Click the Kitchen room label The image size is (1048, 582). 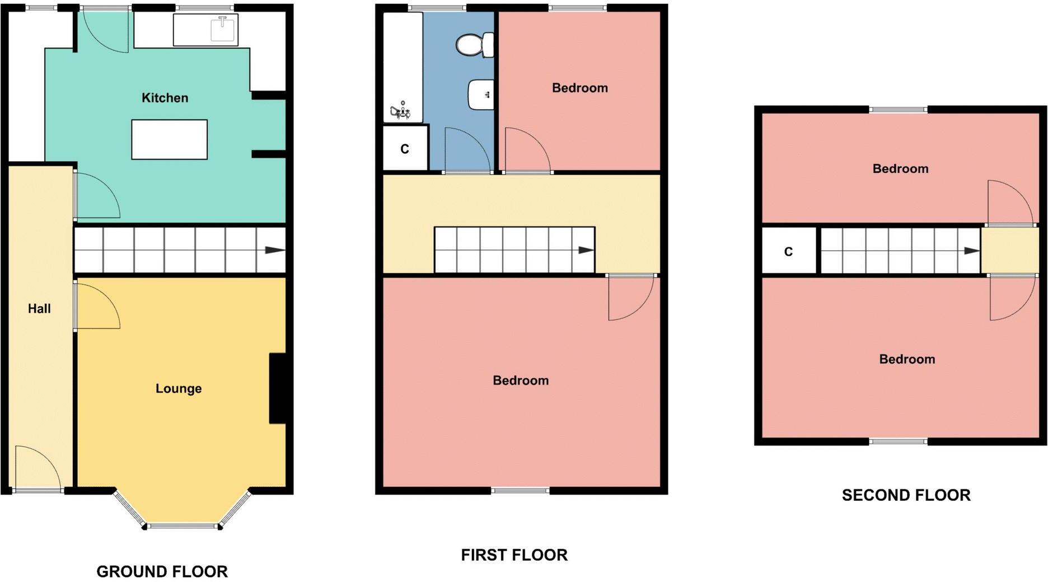click(x=165, y=98)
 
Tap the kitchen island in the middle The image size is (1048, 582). click(x=169, y=139)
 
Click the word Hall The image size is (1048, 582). click(x=39, y=308)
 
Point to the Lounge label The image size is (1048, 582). click(x=178, y=388)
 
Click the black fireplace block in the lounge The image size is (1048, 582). click(x=278, y=388)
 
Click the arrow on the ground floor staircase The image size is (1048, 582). click(x=274, y=250)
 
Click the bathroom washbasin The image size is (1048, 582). click(x=480, y=95)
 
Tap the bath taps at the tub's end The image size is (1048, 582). click(x=400, y=111)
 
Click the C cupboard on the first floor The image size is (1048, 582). click(x=405, y=149)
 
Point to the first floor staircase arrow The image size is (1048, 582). click(x=586, y=250)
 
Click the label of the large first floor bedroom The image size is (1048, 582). click(x=520, y=381)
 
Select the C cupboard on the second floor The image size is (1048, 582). click(x=788, y=252)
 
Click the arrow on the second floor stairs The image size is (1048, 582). click(x=971, y=251)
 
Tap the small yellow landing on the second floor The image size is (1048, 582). click(x=1009, y=251)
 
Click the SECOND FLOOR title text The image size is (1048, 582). click(x=906, y=495)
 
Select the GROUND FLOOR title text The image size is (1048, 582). click(x=162, y=571)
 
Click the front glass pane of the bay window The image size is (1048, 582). click(x=182, y=526)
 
